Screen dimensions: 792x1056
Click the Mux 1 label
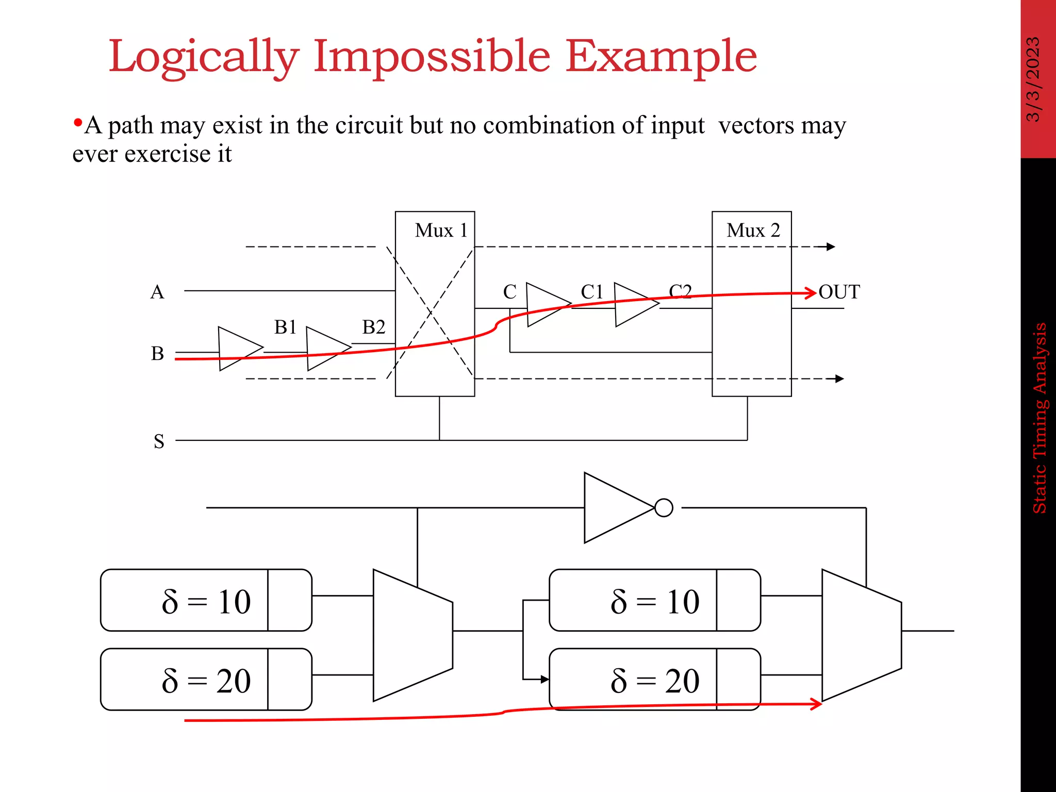point(441,230)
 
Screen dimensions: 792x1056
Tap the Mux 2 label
point(753,230)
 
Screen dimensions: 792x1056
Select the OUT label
point(839,292)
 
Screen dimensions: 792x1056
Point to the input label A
point(157,292)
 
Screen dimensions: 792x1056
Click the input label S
point(159,441)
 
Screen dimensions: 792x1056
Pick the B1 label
point(285,327)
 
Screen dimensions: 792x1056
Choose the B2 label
point(373,327)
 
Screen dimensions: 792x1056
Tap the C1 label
point(592,292)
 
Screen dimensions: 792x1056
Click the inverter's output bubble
point(664,508)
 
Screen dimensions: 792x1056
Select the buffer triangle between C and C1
point(546,304)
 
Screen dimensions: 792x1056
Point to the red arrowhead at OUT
point(812,293)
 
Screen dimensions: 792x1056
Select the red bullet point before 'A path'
point(78,123)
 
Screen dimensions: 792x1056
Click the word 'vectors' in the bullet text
point(756,125)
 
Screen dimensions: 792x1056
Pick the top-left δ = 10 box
point(206,600)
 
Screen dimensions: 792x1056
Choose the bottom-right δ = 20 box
point(654,680)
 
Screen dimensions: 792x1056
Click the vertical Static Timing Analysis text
point(1039,418)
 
